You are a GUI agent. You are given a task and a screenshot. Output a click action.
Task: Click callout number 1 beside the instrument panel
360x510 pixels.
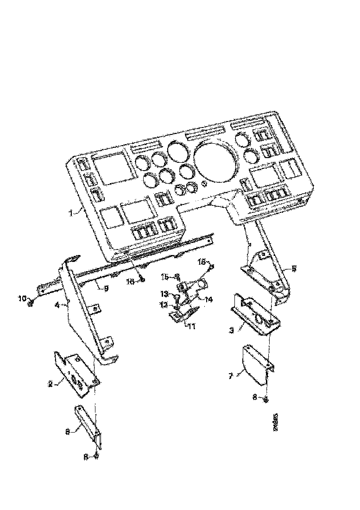[x=71, y=213]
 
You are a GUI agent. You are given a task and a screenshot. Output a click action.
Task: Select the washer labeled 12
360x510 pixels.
[x=178, y=307]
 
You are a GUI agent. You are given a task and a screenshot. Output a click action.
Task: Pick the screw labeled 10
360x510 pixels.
[x=32, y=303]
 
